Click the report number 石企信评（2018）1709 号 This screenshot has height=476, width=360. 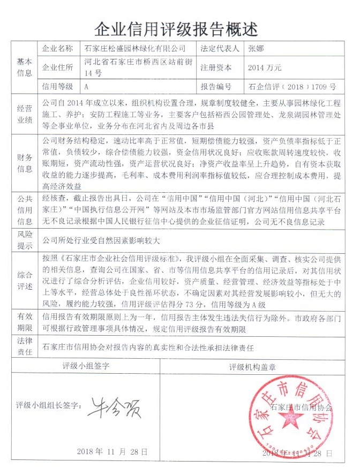[292, 86]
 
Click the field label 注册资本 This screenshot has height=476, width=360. [216, 68]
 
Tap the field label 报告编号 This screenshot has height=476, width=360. [216, 86]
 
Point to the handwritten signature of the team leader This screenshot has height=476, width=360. [112, 407]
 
